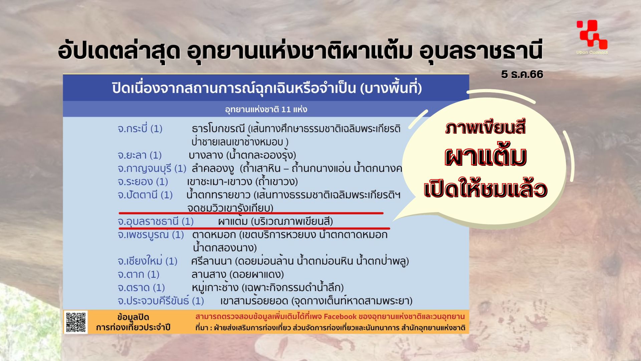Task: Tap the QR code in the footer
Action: tap(76, 322)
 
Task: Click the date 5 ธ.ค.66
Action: tap(522, 74)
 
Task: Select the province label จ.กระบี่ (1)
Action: tap(140, 129)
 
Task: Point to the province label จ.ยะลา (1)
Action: tap(140, 155)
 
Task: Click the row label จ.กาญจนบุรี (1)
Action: tap(152, 168)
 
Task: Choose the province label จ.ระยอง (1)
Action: tap(143, 182)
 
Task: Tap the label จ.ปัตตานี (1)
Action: tap(145, 195)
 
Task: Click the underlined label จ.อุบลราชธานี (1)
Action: tap(156, 221)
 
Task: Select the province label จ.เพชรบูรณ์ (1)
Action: tap(151, 235)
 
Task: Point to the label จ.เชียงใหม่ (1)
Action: tap(147, 261)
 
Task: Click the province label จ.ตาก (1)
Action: tap(139, 274)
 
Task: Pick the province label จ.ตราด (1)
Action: tap(141, 287)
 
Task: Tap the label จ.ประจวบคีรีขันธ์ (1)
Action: tap(161, 301)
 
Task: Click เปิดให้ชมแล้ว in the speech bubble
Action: tap(486, 189)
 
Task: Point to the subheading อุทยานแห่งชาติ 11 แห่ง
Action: tap(266, 109)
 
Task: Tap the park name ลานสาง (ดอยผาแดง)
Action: tap(237, 274)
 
